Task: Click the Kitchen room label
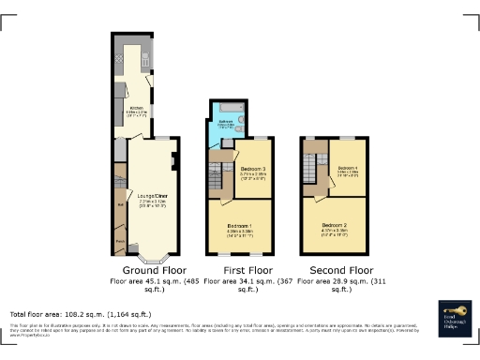coord(135,109)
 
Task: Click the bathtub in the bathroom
coord(231,117)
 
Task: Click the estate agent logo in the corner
coord(456,317)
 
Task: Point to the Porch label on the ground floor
coord(119,241)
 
